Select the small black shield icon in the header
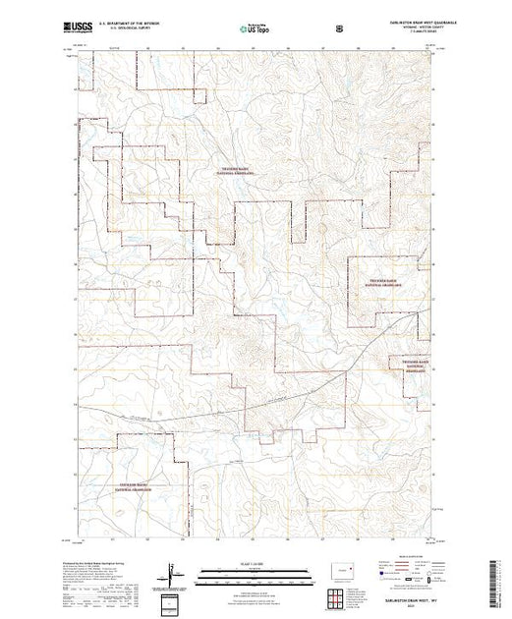[339, 29]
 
